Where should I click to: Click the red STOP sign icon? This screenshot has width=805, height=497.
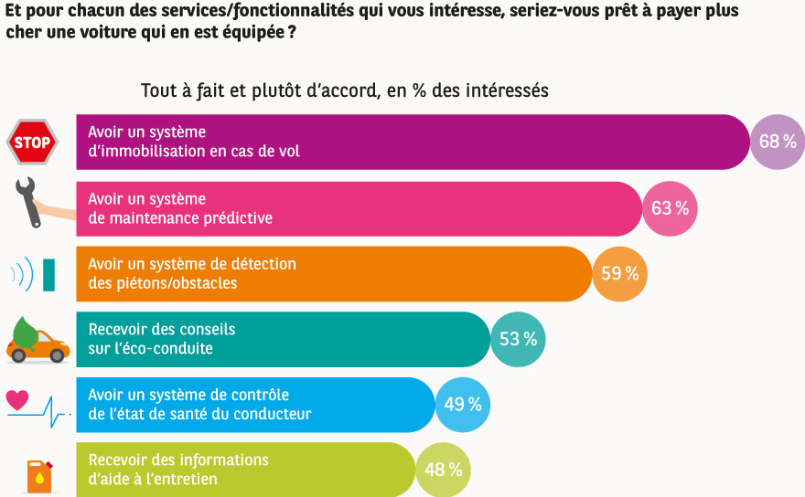(x=33, y=143)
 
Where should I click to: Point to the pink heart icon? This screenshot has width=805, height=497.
(x=18, y=399)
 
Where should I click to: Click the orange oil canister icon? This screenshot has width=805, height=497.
(x=38, y=476)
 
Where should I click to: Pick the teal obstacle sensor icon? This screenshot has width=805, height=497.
(x=48, y=274)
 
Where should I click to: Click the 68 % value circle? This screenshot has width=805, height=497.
(x=777, y=143)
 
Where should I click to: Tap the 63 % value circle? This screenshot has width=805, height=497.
(x=671, y=208)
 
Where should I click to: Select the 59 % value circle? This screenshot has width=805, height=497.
(x=619, y=274)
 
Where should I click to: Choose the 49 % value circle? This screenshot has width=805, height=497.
(x=462, y=405)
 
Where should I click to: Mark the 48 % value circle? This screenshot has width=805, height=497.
(x=443, y=471)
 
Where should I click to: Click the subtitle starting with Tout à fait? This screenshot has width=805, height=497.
(x=344, y=91)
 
